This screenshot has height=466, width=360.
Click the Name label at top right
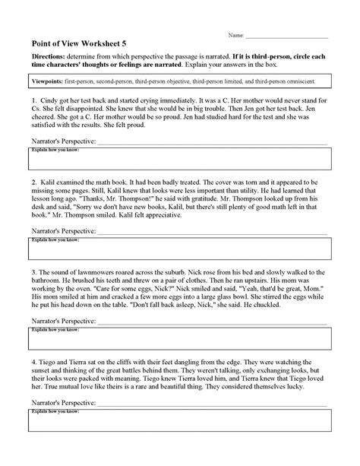pyautogui.click(x=237, y=36)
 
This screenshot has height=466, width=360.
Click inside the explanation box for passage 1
pyautogui.click(x=179, y=160)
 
